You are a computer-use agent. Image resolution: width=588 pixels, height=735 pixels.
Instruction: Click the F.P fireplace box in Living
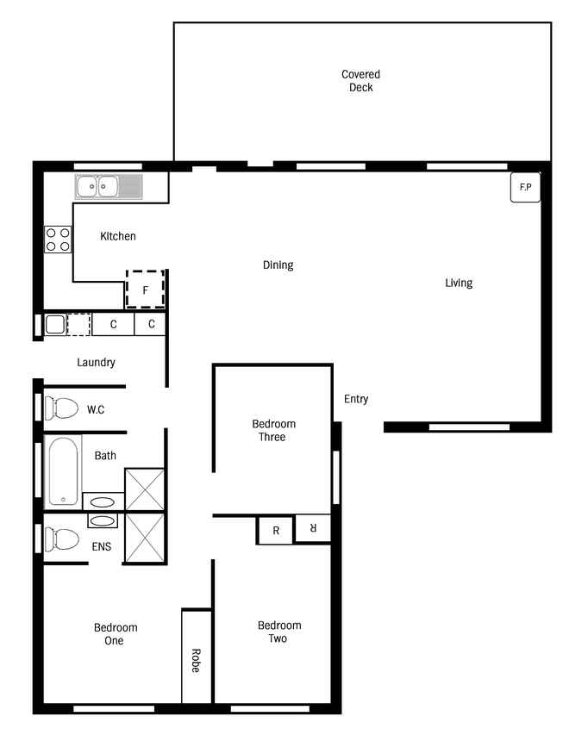click(525, 188)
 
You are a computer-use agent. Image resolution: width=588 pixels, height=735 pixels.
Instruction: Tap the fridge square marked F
click(146, 290)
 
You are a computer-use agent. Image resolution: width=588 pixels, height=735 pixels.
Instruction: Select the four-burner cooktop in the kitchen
click(58, 240)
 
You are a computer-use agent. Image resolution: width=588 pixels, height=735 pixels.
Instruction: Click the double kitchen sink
click(109, 187)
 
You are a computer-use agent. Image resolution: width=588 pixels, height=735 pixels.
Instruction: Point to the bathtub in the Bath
click(63, 471)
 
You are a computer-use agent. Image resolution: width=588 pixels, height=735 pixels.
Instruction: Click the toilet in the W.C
click(61, 408)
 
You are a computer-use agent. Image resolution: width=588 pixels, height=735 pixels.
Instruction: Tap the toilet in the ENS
click(61, 539)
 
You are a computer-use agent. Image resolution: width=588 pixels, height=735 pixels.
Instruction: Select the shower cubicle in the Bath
click(145, 489)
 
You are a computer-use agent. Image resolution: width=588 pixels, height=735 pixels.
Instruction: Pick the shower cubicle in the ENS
click(145, 539)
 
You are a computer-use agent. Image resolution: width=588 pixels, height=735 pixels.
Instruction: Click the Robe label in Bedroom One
click(196, 661)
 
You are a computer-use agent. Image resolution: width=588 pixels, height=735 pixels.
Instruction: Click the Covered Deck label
click(360, 81)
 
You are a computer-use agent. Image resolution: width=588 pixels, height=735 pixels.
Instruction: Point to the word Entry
click(356, 399)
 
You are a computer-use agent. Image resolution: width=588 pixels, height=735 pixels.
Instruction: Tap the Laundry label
click(96, 362)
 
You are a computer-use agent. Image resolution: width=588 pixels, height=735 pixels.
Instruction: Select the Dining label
click(278, 265)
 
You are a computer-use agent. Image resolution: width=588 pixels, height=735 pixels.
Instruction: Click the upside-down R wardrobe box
click(313, 528)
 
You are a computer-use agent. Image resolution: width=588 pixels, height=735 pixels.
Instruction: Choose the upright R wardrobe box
click(276, 530)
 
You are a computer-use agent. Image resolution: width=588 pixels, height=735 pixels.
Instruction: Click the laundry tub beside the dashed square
click(55, 324)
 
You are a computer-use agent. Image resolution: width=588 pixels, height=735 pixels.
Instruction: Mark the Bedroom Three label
click(273, 430)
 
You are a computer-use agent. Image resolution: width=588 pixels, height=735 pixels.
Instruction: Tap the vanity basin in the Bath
click(103, 502)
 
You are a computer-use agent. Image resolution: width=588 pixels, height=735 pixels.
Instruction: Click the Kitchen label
click(118, 236)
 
